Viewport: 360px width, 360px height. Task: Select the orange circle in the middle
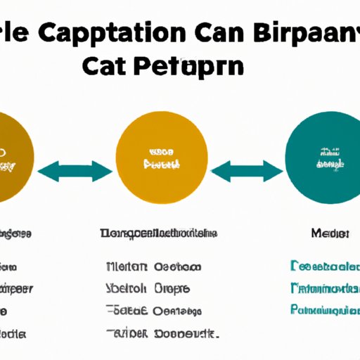(x=162, y=160)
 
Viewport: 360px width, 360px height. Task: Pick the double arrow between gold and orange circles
(x=75, y=171)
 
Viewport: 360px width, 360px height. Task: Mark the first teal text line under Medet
(x=324, y=266)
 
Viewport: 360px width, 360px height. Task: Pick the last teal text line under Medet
(x=324, y=309)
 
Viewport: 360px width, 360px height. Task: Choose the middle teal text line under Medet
(x=324, y=288)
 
